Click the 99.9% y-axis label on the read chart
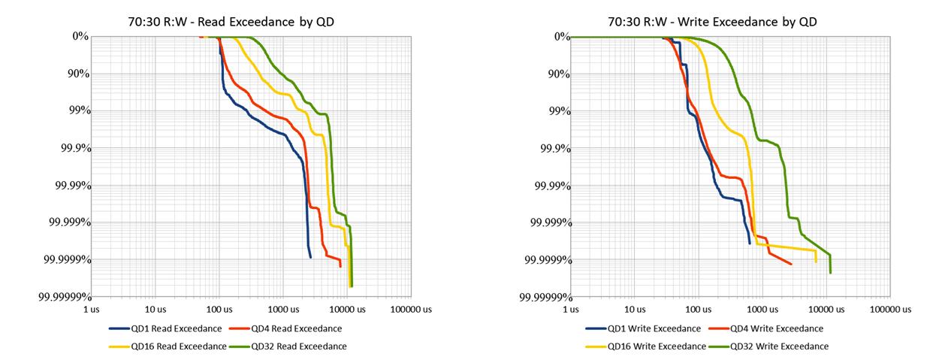(73, 148)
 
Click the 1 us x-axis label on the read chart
(91, 309)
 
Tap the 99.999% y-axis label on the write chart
(547, 222)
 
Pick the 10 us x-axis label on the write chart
(635, 309)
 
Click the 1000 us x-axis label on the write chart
(762, 309)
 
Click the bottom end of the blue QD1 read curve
(310, 257)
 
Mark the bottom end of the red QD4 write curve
(792, 264)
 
